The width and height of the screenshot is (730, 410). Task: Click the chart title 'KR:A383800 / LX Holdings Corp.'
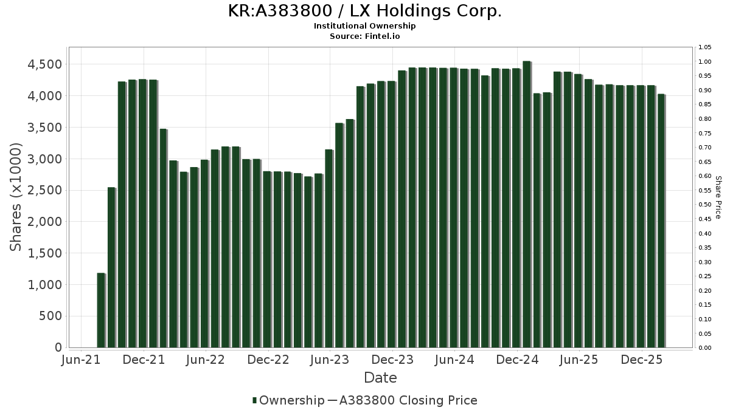[x=365, y=12]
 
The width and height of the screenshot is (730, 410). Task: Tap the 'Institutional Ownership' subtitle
[x=365, y=26]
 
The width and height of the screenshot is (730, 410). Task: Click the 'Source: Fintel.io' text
[x=365, y=36]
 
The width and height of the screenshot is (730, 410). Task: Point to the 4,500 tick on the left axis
[x=46, y=64]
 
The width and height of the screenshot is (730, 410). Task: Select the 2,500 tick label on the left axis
[x=46, y=190]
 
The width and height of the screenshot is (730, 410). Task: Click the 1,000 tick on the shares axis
[x=46, y=285]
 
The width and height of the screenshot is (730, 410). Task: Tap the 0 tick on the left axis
[x=58, y=347]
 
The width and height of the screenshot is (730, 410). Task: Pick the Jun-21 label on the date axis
[x=82, y=360]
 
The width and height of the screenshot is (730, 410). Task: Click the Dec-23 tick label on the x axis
[x=392, y=360]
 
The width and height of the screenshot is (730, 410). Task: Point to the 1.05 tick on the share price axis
[x=706, y=47]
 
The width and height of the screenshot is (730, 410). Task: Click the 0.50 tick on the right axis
[x=706, y=205]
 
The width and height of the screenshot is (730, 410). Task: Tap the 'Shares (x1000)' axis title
[x=16, y=197]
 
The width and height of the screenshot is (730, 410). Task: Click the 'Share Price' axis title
[x=718, y=197]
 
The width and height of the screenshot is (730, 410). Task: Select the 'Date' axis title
[x=380, y=378]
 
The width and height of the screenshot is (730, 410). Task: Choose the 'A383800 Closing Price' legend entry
[x=408, y=400]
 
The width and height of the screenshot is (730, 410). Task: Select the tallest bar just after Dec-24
[x=527, y=204]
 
